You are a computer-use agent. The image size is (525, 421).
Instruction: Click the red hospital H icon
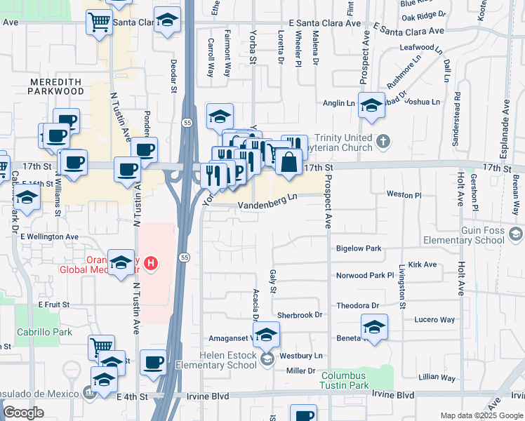click(151, 264)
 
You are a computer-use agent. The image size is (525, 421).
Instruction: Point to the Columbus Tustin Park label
click(354, 380)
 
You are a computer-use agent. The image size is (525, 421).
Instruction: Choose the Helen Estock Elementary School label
click(228, 360)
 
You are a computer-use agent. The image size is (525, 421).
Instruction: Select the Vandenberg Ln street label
click(268, 205)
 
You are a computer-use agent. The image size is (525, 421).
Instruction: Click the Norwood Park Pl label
click(365, 276)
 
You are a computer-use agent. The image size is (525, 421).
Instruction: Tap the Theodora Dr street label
click(357, 306)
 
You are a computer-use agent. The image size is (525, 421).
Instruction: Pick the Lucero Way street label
click(434, 319)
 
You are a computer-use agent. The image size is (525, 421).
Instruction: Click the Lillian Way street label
click(438, 377)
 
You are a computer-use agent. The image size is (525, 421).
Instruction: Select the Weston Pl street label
click(404, 194)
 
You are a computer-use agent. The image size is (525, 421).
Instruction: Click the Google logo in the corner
click(24, 413)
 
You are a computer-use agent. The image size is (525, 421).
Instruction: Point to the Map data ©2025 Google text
click(481, 415)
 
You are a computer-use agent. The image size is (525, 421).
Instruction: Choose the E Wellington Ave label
click(49, 237)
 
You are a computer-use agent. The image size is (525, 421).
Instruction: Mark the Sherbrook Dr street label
click(299, 315)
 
